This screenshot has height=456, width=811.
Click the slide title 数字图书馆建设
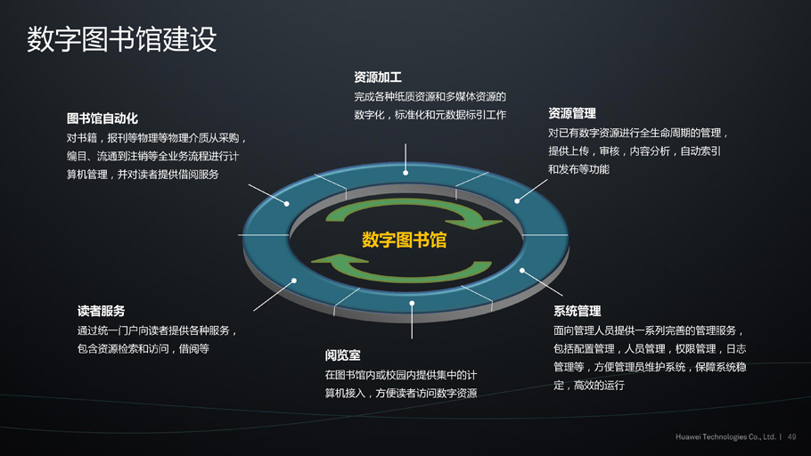click(121, 39)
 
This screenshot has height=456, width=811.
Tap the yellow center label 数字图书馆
click(404, 240)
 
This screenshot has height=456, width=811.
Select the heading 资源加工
click(378, 77)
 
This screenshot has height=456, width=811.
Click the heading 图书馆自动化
click(102, 118)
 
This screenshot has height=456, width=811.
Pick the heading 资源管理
click(571, 113)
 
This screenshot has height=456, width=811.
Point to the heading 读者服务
click(101, 311)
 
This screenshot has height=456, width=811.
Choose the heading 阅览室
click(342, 355)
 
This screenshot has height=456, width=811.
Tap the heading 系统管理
click(577, 311)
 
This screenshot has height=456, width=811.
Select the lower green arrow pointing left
click(401, 269)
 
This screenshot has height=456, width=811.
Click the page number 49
click(791, 437)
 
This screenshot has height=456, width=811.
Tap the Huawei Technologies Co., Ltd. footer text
click(725, 437)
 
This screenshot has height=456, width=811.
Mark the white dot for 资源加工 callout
click(405, 173)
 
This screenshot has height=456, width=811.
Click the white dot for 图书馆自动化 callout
click(287, 204)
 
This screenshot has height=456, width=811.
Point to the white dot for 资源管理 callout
click(517, 201)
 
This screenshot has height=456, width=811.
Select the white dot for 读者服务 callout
click(294, 281)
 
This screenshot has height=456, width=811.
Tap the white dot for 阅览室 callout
click(412, 304)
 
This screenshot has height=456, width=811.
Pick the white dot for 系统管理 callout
click(522, 271)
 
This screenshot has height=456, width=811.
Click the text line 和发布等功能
click(578, 169)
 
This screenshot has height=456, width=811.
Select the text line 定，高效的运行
click(588, 385)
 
